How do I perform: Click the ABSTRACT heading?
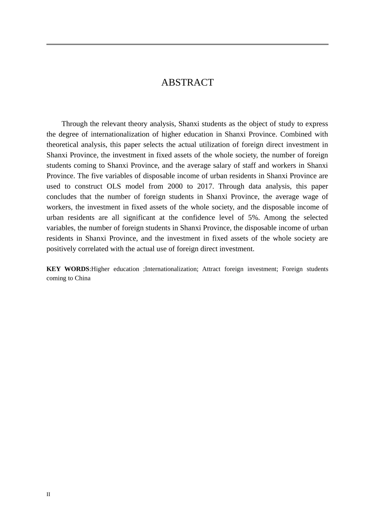[187, 82]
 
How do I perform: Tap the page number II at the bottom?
[48, 495]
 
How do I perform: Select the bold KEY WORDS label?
[68, 269]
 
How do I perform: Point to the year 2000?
[175, 186]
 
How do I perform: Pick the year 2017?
[205, 186]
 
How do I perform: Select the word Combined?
[295, 134]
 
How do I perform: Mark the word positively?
[61, 248]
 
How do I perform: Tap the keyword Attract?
[214, 269]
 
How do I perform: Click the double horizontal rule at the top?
[187, 44]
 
